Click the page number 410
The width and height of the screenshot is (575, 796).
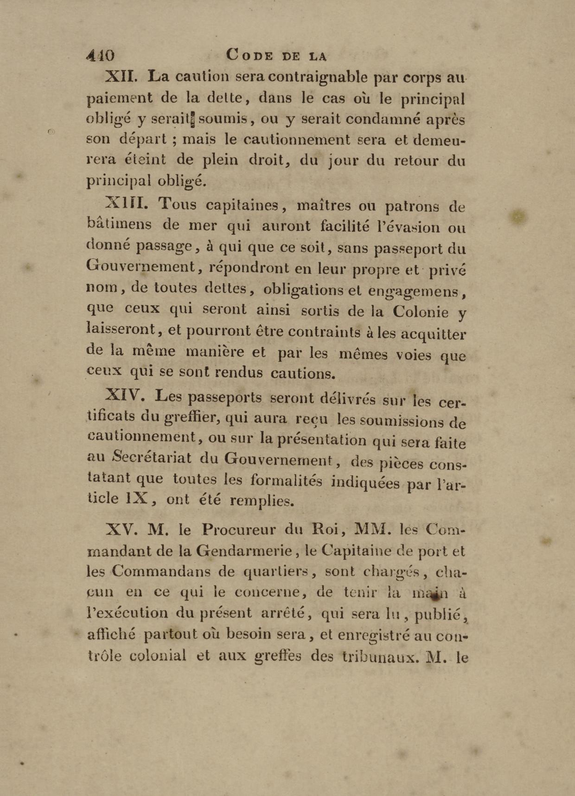pyautogui.click(x=100, y=55)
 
